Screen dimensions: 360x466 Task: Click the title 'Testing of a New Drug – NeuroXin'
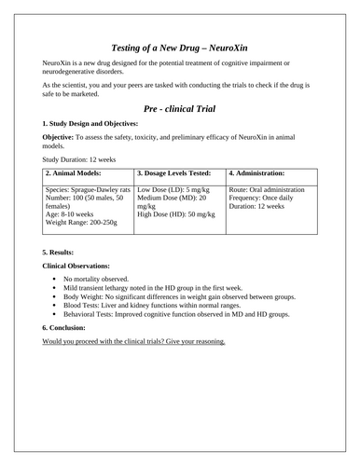click(179, 44)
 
